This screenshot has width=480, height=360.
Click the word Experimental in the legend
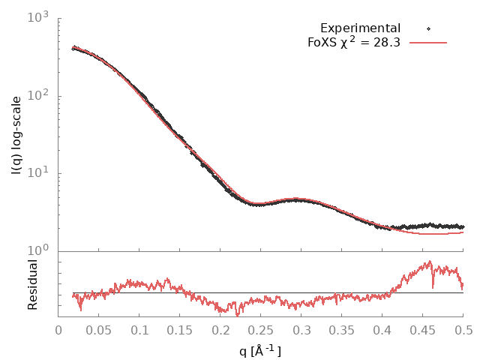click(360, 28)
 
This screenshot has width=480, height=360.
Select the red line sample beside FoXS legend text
click(427, 43)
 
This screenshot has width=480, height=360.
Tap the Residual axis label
click(33, 284)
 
